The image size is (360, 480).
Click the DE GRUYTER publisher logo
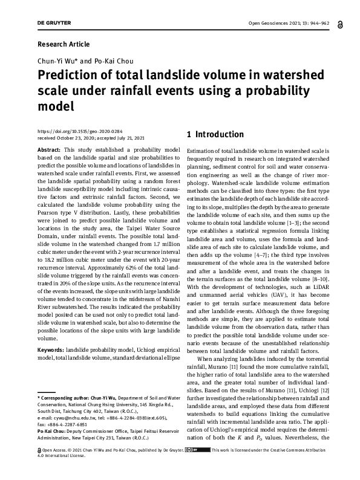tap(54, 23)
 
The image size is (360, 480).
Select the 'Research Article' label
tap(64, 44)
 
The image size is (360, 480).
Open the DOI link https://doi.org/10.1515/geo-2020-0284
tap(80, 131)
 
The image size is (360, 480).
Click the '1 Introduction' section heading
tap(215, 134)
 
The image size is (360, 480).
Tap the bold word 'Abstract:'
tap(48, 149)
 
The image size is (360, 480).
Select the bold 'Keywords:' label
tap(51, 350)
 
